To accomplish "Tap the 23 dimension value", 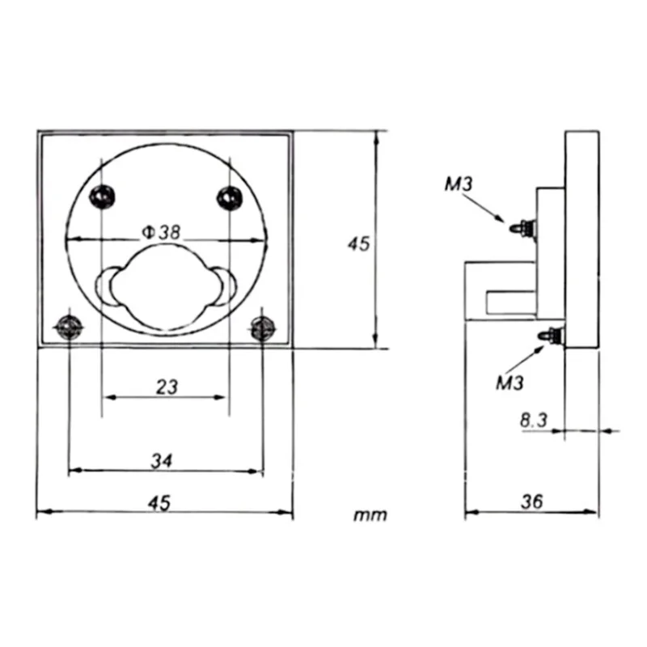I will pyautogui.click(x=166, y=387).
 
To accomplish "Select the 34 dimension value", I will pyautogui.click(x=163, y=460).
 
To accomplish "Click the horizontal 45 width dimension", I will pyautogui.click(x=159, y=502).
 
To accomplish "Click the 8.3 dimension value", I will pyautogui.click(x=534, y=420).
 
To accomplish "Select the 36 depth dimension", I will pyautogui.click(x=531, y=501).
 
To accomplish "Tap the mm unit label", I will pyautogui.click(x=370, y=515).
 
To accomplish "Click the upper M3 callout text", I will pyautogui.click(x=459, y=184).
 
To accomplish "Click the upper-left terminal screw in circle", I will pyautogui.click(x=102, y=194).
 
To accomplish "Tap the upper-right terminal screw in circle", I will pyautogui.click(x=229, y=194).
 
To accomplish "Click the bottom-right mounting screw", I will pyautogui.click(x=263, y=327).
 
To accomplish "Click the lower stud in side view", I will pyautogui.click(x=553, y=332).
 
